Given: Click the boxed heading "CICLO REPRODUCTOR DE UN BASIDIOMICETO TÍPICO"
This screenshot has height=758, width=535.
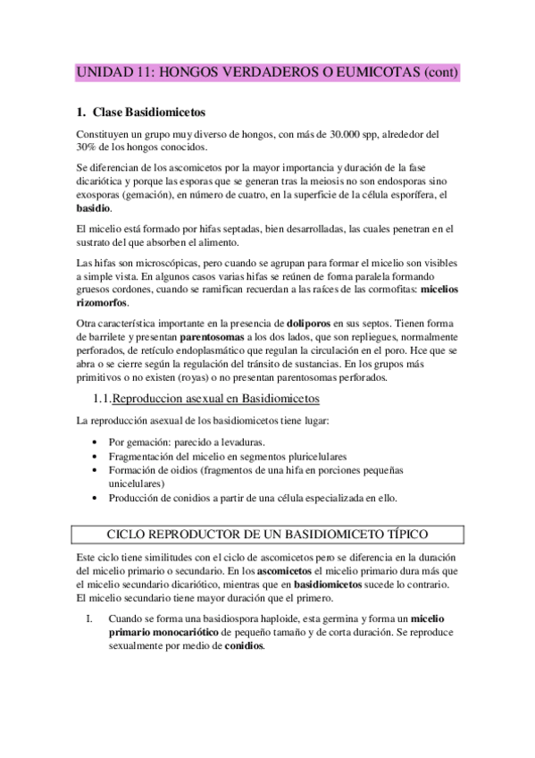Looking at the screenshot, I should (268, 534).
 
